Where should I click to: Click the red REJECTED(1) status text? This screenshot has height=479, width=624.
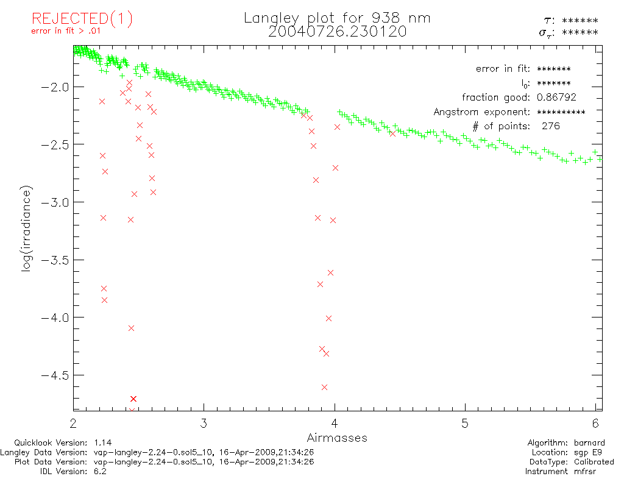(82, 19)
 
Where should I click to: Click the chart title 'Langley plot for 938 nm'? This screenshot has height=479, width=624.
(337, 18)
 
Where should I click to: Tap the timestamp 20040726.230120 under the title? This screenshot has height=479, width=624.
(337, 32)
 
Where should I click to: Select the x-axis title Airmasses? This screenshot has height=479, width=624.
(337, 438)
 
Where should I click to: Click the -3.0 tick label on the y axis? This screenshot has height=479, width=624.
(54, 202)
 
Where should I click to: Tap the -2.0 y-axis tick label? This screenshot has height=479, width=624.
(54, 87)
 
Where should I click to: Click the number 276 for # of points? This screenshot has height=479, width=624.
(550, 126)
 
